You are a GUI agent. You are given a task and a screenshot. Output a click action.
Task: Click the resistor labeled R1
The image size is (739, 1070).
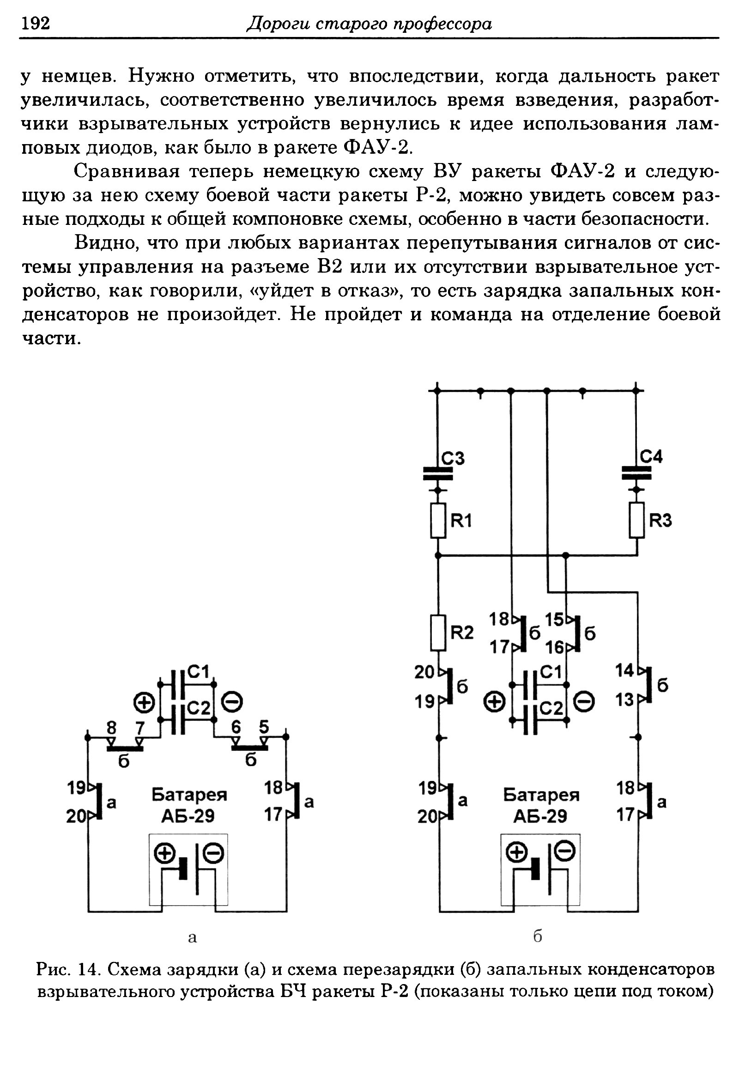(438, 520)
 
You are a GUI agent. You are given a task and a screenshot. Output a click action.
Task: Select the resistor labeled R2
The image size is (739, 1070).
(438, 633)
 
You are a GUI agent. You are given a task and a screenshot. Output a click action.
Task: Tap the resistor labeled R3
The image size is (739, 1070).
(637, 520)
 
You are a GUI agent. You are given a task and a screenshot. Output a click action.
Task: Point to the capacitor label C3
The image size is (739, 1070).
(452, 459)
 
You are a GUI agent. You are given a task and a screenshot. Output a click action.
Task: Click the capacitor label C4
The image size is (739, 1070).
(651, 458)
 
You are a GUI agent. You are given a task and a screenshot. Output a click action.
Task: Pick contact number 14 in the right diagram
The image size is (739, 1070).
(624, 671)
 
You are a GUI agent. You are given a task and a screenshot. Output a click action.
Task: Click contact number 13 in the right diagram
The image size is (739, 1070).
(624, 700)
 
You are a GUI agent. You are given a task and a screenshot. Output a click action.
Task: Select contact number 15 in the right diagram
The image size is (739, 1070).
(554, 619)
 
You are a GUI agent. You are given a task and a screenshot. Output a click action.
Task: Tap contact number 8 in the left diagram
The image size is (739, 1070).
(111, 728)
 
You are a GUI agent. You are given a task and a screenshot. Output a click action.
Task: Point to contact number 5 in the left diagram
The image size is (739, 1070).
(264, 727)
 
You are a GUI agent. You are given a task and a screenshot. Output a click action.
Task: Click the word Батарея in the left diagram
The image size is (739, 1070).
(189, 794)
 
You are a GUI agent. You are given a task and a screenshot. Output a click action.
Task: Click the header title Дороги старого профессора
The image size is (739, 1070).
(369, 23)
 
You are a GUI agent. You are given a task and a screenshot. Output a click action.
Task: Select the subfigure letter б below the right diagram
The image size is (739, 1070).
(538, 937)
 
